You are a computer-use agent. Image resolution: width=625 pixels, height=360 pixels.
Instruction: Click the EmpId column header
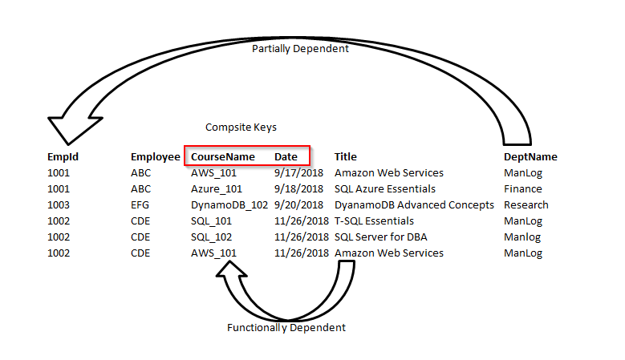pos(63,157)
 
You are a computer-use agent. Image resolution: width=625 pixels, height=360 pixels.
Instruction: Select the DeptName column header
pos(530,157)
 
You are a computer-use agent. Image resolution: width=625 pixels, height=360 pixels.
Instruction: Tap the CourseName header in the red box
pos(223,157)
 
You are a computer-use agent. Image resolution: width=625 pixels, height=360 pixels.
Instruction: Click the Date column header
pos(286,157)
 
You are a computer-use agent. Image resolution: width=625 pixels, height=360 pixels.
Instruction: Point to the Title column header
pos(346,157)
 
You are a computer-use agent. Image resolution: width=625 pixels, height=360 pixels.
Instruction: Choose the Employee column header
pos(155,157)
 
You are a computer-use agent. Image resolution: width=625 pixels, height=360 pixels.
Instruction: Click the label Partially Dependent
pos(300,49)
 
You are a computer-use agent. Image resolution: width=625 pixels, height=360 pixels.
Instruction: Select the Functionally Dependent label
pos(286,328)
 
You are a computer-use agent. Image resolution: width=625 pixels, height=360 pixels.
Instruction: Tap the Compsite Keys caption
pos(241,127)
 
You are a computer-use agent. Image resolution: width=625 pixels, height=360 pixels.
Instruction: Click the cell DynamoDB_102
pos(229,205)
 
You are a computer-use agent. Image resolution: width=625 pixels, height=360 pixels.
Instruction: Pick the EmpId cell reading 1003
pos(59,205)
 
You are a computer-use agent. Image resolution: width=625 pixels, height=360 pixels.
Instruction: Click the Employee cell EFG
pos(140,205)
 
